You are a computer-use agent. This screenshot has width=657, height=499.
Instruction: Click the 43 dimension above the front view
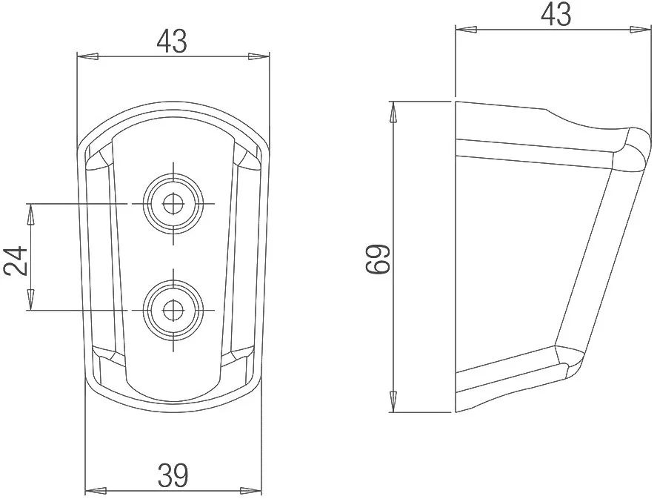172,42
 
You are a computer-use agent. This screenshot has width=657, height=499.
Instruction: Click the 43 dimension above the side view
556,14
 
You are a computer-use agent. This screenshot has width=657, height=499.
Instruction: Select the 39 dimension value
173,475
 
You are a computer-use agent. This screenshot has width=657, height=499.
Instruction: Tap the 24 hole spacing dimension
16,261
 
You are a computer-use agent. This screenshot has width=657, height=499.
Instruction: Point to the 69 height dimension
378,260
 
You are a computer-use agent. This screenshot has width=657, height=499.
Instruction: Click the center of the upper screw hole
172,204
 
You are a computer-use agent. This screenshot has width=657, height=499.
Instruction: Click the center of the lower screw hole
172,311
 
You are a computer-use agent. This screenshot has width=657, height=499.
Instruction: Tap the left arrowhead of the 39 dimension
96,490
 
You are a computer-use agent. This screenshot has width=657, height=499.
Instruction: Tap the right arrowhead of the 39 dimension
251,490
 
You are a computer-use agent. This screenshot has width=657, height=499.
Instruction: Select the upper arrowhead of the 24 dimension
30,214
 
